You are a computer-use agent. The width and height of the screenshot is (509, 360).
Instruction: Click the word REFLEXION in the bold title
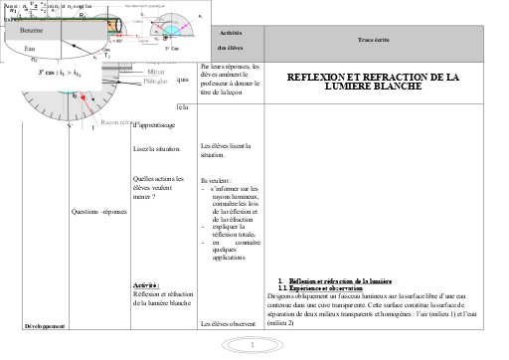(320, 77)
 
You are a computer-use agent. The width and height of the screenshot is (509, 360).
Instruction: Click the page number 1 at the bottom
(254, 345)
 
